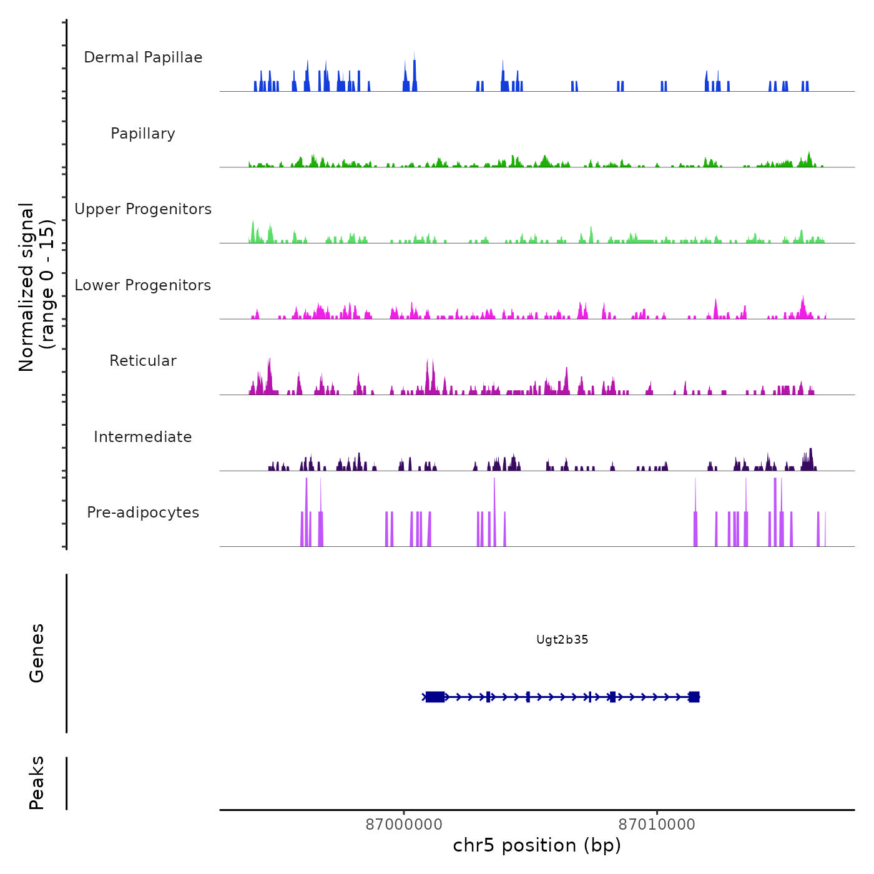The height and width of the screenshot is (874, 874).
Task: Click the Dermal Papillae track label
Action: (143, 57)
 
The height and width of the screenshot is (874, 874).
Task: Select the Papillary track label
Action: (143, 134)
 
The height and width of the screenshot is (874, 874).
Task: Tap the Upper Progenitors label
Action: (143, 209)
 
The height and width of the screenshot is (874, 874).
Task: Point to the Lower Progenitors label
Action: (143, 285)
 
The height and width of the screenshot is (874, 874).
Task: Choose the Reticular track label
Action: (143, 361)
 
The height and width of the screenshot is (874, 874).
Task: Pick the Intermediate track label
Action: (143, 437)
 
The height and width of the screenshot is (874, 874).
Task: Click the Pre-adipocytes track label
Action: (143, 513)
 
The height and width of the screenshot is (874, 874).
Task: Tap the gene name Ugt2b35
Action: (562, 640)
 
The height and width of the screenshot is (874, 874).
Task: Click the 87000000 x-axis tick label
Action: (404, 825)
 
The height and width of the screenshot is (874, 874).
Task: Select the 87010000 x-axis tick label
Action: (657, 825)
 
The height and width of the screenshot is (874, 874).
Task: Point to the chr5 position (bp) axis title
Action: (537, 846)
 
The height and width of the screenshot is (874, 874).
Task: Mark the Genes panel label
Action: (37, 653)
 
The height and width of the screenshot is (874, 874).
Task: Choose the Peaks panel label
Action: (37, 783)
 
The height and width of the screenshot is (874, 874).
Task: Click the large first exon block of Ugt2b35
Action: (435, 697)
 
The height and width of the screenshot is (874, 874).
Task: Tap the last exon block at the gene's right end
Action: (694, 697)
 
